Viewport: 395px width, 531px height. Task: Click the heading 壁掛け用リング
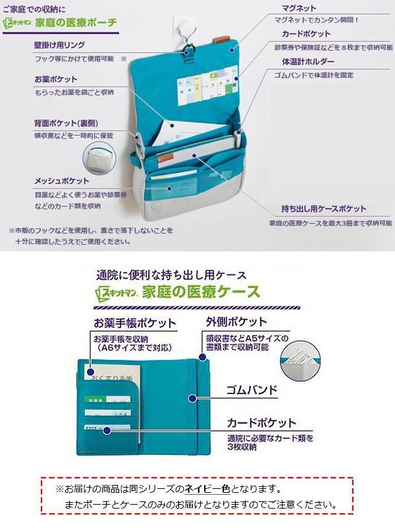coord(61,46)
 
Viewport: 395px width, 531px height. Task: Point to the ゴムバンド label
coord(252,389)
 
